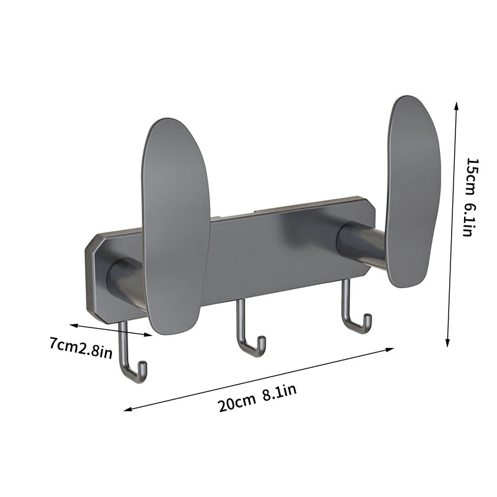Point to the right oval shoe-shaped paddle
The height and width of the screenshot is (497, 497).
(413, 189)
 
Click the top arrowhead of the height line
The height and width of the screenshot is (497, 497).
(457, 106)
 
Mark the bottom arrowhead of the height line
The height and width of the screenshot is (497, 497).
(449, 343)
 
